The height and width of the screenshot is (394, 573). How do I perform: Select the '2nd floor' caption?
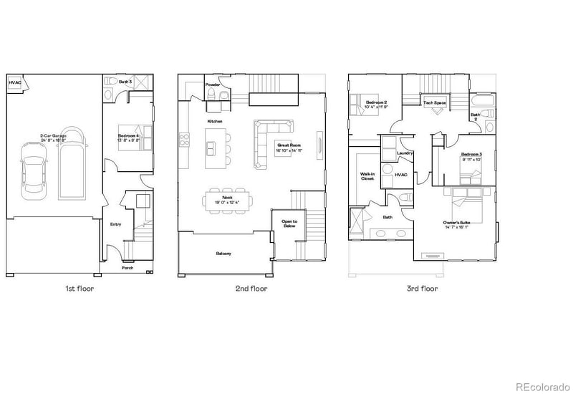252,289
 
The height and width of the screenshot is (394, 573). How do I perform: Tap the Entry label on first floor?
115,224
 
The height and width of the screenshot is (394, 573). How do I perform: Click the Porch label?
127,268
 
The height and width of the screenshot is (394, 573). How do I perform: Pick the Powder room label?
213,85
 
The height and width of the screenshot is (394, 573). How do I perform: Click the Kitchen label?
214,122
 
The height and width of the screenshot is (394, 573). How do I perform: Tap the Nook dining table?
228,198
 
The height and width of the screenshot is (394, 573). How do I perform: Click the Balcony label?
223,254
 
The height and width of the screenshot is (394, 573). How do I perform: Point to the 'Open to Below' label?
289,224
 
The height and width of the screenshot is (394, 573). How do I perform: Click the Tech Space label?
434,103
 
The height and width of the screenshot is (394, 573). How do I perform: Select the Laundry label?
403,153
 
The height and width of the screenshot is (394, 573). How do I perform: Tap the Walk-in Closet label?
367,176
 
